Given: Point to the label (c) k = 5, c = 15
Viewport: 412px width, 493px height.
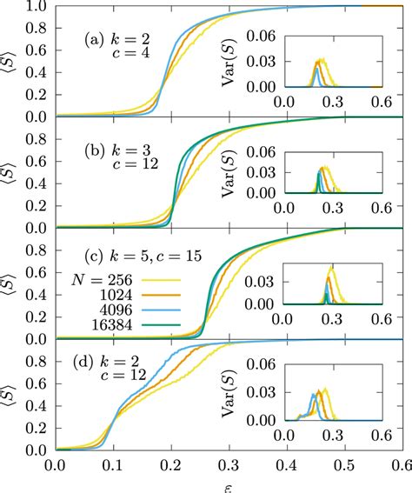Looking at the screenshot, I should (x=130, y=256).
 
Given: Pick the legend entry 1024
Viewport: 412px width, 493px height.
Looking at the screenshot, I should (x=103, y=296).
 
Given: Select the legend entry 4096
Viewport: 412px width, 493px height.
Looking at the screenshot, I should (x=103, y=312).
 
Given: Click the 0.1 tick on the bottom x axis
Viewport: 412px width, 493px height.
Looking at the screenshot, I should (x=114, y=465).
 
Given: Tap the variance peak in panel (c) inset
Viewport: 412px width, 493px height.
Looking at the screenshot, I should (x=330, y=270).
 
